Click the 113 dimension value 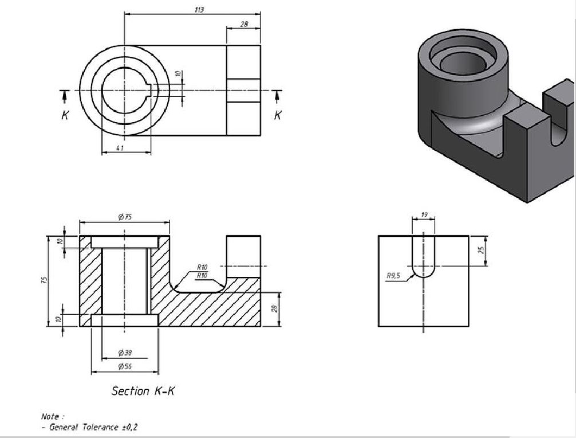[199, 10]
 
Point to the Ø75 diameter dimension [125, 217]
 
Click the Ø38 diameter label [125, 353]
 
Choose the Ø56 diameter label [125, 366]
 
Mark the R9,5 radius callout [394, 276]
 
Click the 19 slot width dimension [424, 214]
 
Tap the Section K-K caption [143, 391]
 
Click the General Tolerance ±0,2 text [94, 427]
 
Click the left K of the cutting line [65, 115]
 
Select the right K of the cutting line [278, 115]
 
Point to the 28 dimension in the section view [274, 309]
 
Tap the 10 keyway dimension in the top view [178, 74]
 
